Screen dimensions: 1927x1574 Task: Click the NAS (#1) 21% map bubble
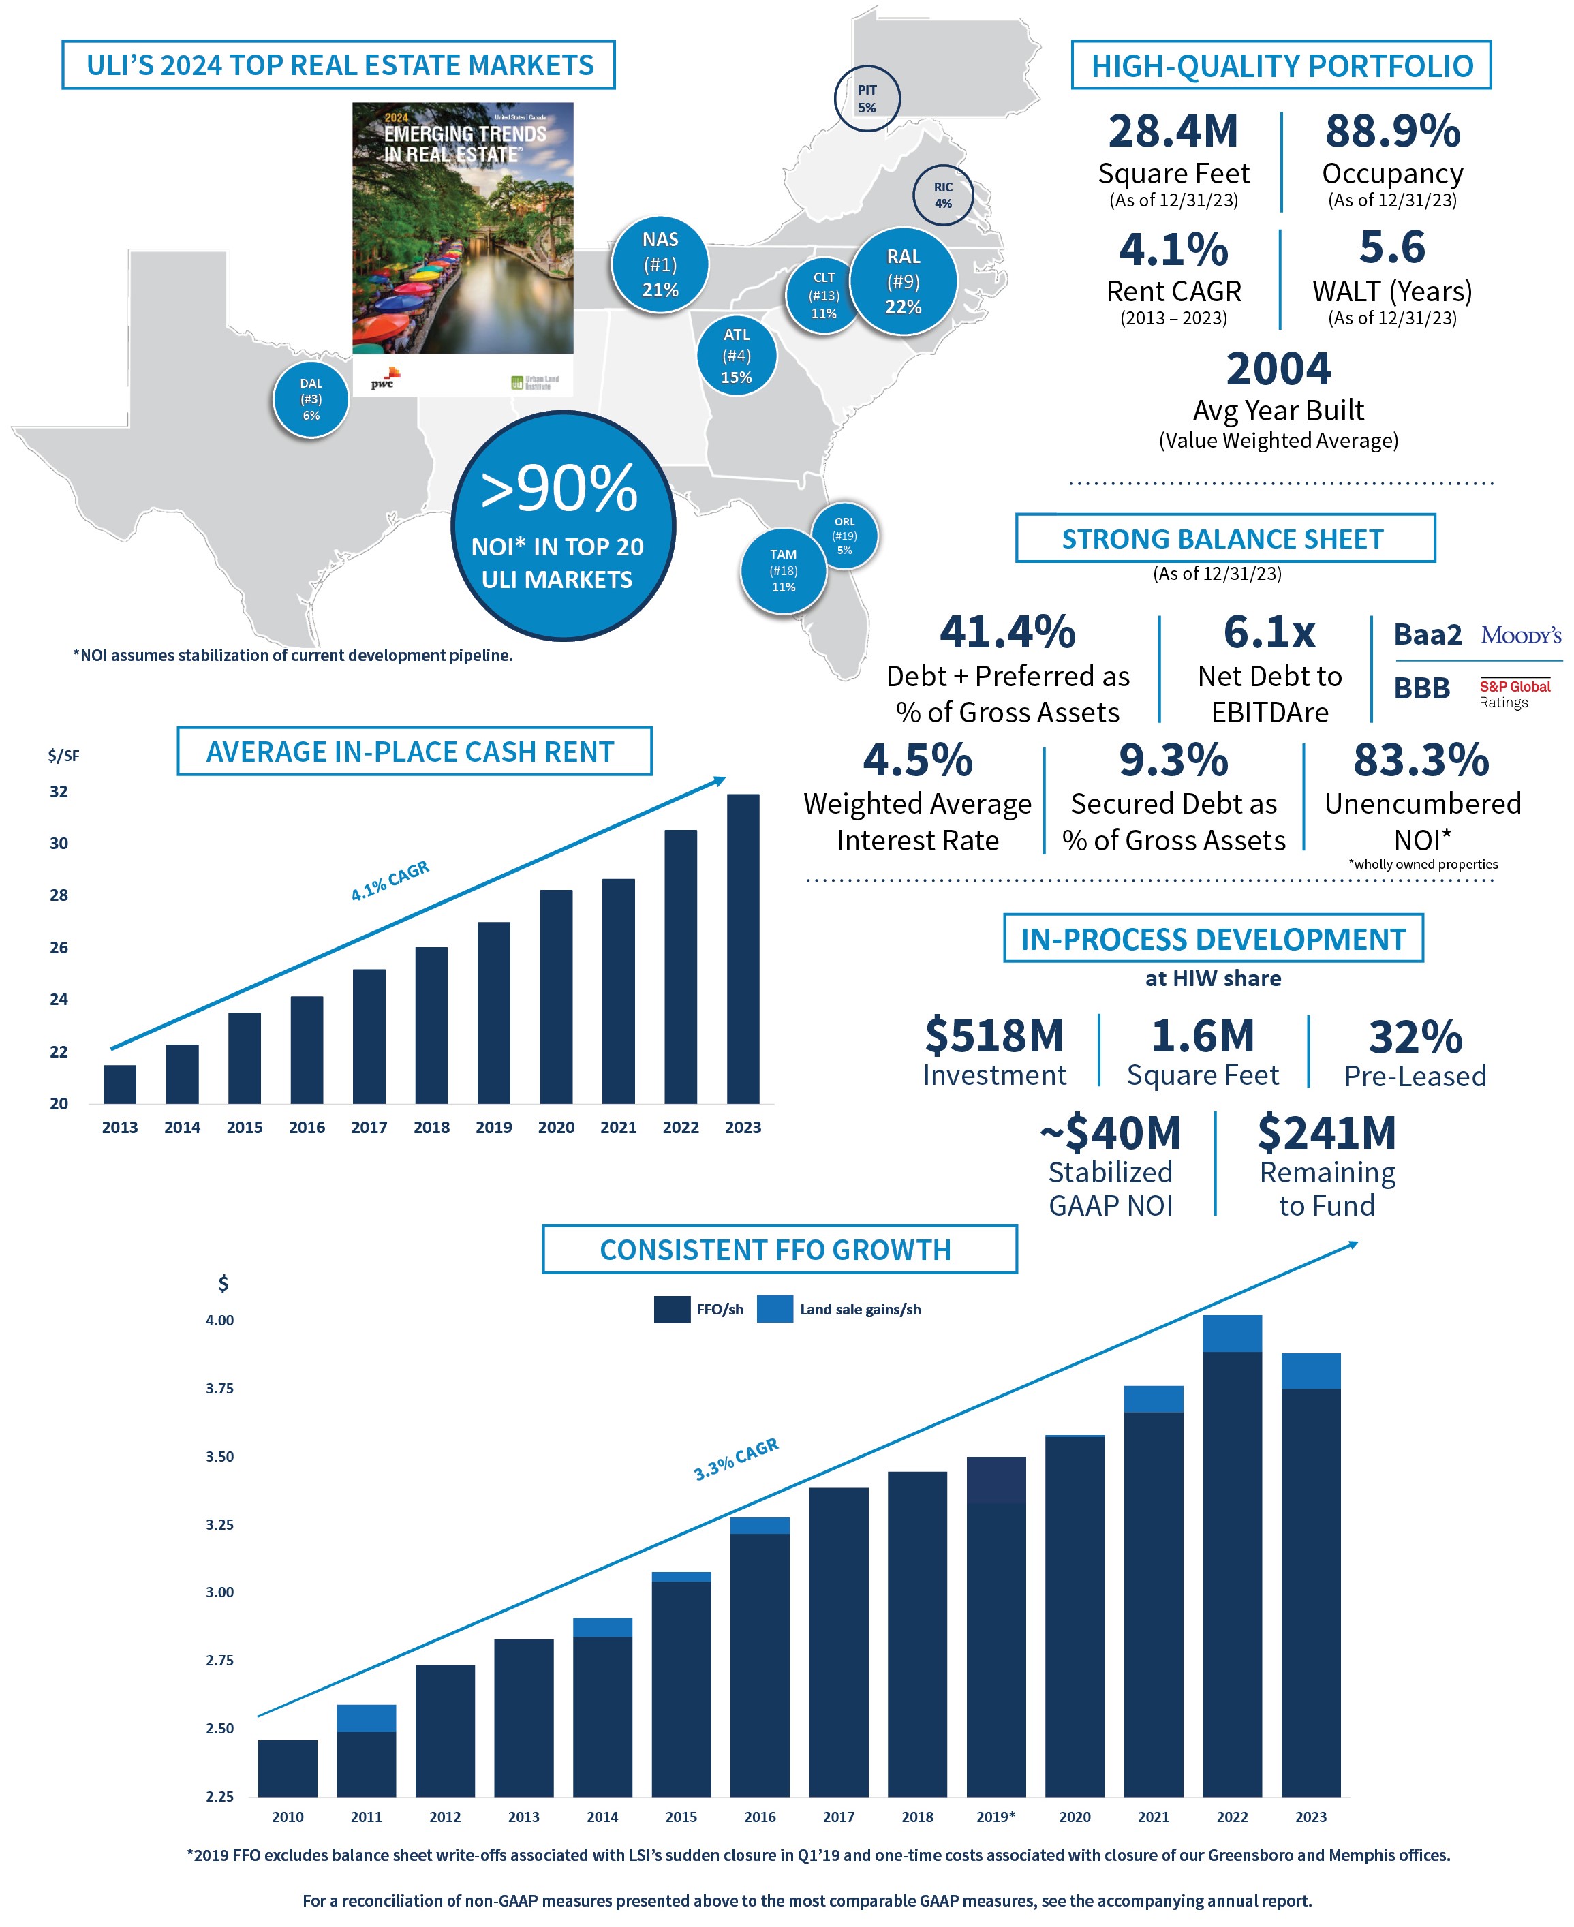pyautogui.click(x=659, y=265)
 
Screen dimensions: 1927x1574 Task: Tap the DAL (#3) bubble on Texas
pyautogui.click(x=311, y=399)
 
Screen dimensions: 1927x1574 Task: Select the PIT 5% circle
pyautogui.click(x=867, y=98)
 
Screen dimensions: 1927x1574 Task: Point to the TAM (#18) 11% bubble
pyautogui.click(x=784, y=570)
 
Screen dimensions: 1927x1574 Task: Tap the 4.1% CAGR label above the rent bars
pyautogui.click(x=390, y=880)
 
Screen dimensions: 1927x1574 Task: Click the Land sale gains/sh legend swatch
pyautogui.click(x=774, y=1308)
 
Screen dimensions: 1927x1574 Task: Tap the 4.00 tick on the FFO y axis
pyautogui.click(x=219, y=1321)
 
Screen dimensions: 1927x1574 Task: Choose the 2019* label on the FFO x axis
pyautogui.click(x=996, y=1817)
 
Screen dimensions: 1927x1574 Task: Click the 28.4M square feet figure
pyautogui.click(x=1173, y=132)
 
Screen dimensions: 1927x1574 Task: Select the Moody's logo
pyautogui.click(x=1520, y=635)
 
